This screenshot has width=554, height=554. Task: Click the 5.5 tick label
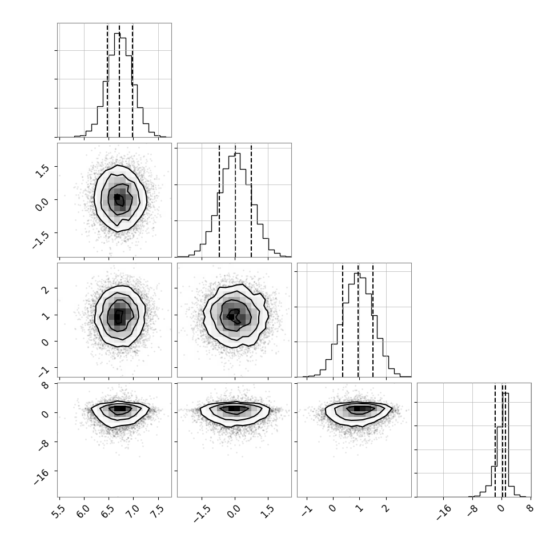59,512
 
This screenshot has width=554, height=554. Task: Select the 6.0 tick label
83,512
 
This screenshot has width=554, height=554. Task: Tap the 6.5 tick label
108,512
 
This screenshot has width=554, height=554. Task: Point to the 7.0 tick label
133,512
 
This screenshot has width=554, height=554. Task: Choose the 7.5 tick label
158,512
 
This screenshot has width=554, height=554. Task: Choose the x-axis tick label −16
443,513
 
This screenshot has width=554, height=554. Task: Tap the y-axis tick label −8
43,445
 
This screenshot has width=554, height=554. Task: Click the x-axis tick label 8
529,508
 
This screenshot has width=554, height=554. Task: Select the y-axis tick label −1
43,371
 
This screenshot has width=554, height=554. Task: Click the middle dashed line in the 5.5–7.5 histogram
119,81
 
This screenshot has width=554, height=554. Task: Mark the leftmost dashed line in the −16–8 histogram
495,440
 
